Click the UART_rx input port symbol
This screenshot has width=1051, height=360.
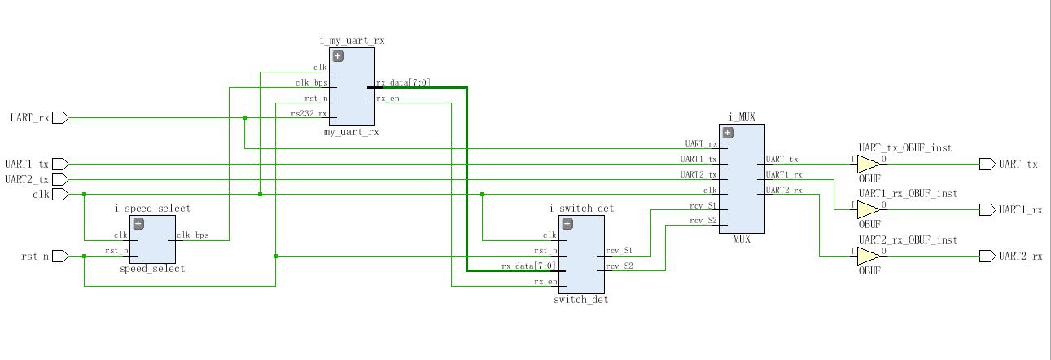point(60,118)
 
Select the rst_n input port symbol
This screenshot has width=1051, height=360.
point(60,257)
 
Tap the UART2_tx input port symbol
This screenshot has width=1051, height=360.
point(60,179)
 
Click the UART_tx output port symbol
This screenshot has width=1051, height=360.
point(988,165)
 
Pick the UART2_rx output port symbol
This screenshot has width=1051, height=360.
point(988,257)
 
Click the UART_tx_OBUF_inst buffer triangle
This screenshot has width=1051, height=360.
point(869,165)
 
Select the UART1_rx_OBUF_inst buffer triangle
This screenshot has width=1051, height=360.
point(869,210)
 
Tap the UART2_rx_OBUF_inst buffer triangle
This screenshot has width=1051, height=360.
point(869,257)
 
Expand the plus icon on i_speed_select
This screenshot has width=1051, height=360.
point(138,224)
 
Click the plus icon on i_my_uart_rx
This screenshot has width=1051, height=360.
point(337,56)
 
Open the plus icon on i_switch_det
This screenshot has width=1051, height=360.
point(567,224)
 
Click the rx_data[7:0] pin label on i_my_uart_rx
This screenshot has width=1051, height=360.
point(403,82)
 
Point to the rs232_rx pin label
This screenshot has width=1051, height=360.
point(309,113)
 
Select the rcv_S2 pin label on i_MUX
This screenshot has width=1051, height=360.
point(703,221)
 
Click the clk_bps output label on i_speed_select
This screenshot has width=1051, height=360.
point(193,235)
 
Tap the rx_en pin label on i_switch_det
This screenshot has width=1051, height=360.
point(545,282)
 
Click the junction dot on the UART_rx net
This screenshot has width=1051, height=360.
point(244,118)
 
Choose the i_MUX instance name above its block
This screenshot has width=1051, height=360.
point(742,116)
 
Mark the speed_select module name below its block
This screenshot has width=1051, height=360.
point(152,269)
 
